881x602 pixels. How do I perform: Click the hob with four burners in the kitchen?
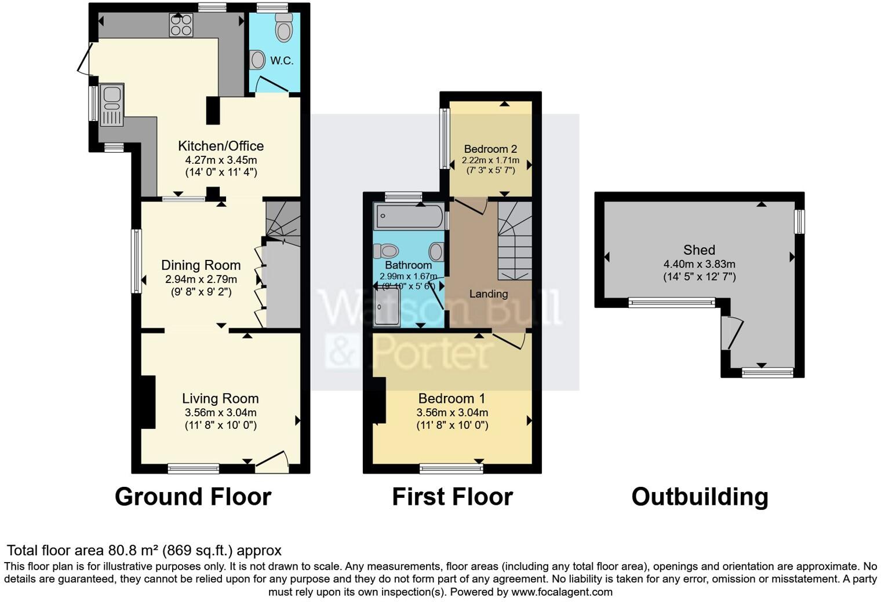pos(181,25)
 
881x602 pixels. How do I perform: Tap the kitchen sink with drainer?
pos(111,105)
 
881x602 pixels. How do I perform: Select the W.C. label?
pos(282,61)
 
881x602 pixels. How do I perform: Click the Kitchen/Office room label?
pos(220,146)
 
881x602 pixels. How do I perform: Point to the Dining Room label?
pos(201,265)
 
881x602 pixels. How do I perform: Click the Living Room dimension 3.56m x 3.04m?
pos(220,413)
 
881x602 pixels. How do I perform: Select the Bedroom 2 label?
pos(490,149)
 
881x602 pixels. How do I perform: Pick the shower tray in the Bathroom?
pos(387,307)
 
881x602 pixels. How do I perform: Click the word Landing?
pos(488,294)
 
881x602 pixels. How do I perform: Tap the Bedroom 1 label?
pos(452,398)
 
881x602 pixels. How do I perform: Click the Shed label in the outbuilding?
pos(699,250)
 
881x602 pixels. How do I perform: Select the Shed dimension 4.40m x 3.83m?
pos(699,264)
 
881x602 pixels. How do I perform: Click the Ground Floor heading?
pos(192,497)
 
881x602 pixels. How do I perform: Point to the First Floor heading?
pos(452,497)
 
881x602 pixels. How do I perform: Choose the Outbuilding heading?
pos(700,497)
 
